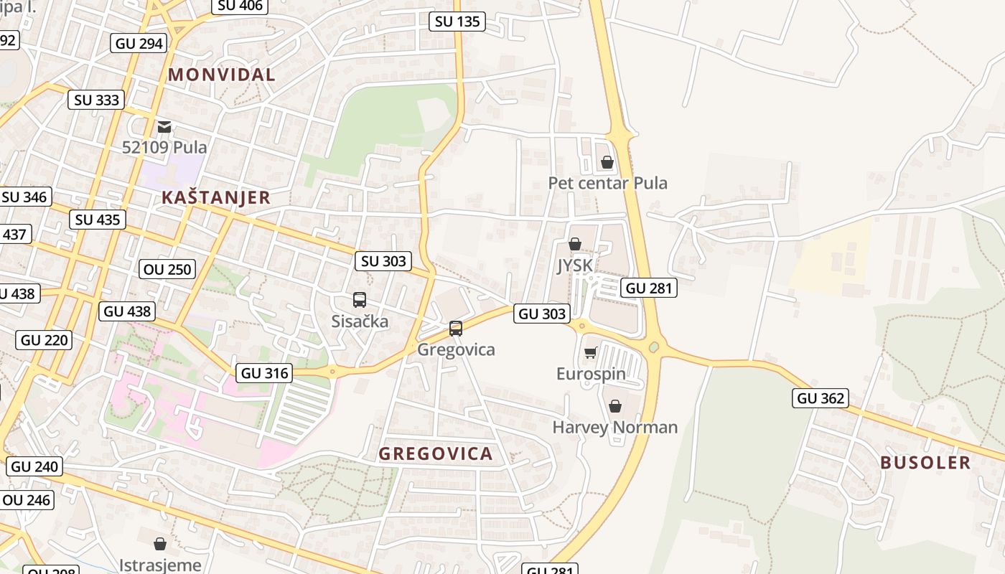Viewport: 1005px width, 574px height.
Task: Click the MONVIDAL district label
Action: point(222,75)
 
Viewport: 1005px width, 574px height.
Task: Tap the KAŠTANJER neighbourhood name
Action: point(216,198)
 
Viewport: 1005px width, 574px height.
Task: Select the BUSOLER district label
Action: point(925,463)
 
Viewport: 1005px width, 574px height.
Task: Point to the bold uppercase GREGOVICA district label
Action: point(436,453)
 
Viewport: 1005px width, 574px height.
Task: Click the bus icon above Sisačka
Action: point(360,300)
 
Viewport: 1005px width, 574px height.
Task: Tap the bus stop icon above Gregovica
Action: point(456,329)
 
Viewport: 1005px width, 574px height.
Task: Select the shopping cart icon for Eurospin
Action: point(590,352)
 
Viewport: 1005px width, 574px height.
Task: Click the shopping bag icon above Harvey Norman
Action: point(615,406)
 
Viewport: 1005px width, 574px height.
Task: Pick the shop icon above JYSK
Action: point(575,245)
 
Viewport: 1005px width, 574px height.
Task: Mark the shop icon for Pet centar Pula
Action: point(607,162)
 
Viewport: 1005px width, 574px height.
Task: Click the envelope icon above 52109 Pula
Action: point(164,127)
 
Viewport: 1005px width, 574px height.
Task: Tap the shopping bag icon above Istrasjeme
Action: point(160,544)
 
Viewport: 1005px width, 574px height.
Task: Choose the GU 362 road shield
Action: point(821,398)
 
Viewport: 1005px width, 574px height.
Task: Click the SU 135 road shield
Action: point(457,22)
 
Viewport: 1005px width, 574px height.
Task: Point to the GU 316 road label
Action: point(264,373)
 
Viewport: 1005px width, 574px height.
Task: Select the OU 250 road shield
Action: point(167,270)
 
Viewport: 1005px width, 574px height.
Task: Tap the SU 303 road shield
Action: point(383,261)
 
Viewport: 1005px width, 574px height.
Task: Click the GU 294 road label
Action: point(139,43)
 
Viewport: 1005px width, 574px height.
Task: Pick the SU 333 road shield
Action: point(97,100)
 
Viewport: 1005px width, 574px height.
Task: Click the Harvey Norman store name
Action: point(615,428)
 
